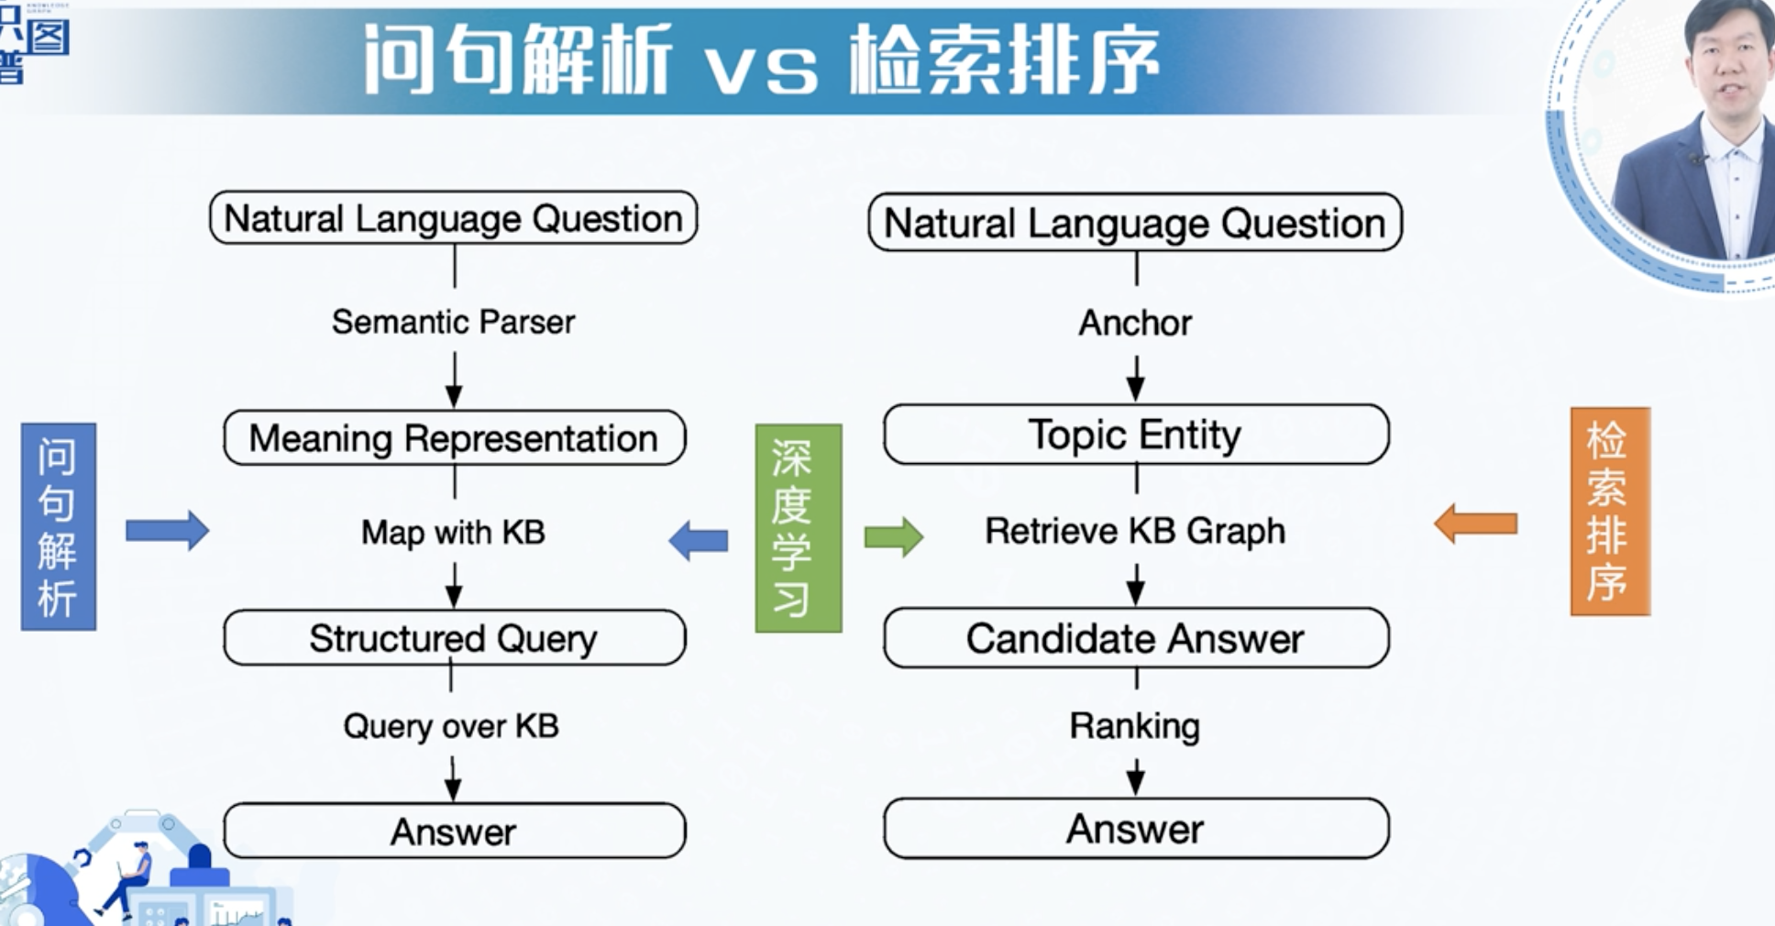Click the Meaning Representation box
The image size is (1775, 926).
(x=455, y=438)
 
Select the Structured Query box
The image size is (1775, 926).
(x=455, y=638)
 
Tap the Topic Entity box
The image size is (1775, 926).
(x=1136, y=435)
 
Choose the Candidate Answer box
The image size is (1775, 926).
(x=1136, y=638)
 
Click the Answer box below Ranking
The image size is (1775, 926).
(x=1136, y=829)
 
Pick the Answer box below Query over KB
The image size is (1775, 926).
(x=455, y=832)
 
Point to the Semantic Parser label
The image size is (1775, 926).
(x=453, y=322)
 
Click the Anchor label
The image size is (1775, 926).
(x=1135, y=323)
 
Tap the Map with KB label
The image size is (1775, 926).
(x=453, y=533)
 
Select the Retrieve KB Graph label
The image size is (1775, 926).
(x=1135, y=532)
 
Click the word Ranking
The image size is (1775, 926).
(x=1135, y=726)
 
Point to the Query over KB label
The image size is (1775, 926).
(x=451, y=726)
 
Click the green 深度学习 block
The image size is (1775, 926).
(x=799, y=528)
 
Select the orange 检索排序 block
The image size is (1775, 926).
(x=1610, y=512)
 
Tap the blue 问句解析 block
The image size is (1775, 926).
(x=59, y=526)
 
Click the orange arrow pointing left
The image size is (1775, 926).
(x=1475, y=524)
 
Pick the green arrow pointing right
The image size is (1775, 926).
(x=894, y=536)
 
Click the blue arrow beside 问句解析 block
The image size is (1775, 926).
(x=167, y=530)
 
